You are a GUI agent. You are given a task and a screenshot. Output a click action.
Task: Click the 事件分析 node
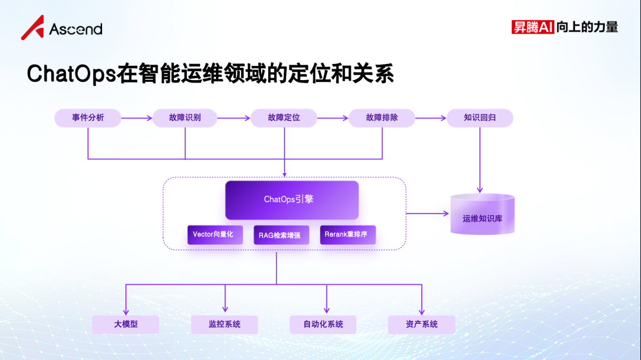pyautogui.click(x=88, y=118)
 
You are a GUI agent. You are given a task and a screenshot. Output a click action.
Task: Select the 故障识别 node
pyautogui.click(x=185, y=118)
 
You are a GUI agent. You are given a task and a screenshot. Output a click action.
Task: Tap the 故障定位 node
pyautogui.click(x=284, y=118)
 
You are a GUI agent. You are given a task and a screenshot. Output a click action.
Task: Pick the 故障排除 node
pyautogui.click(x=382, y=118)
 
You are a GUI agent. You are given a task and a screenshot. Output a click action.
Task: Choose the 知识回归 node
pyautogui.click(x=480, y=118)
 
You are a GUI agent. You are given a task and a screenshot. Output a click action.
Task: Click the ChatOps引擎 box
pyautogui.click(x=292, y=200)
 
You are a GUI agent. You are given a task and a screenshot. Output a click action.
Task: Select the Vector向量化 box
pyautogui.click(x=215, y=235)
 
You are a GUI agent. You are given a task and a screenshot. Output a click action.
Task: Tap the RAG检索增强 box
pyautogui.click(x=281, y=235)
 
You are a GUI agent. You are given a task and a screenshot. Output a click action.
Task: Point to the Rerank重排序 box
pyautogui.click(x=348, y=235)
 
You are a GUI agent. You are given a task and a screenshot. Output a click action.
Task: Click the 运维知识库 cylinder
pyautogui.click(x=483, y=214)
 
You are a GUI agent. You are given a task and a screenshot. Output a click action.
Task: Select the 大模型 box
pyautogui.click(x=125, y=324)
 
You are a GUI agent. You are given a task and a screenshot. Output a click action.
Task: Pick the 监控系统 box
pyautogui.click(x=224, y=324)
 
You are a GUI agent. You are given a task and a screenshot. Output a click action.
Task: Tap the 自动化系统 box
pyautogui.click(x=323, y=324)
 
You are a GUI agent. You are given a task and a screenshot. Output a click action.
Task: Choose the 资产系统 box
pyautogui.click(x=421, y=324)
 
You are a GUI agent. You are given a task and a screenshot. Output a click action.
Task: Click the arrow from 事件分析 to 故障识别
pyautogui.click(x=137, y=118)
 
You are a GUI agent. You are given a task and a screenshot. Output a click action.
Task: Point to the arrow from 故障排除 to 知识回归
pyautogui.click(x=431, y=118)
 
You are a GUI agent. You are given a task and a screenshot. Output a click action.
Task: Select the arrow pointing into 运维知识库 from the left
pyautogui.click(x=427, y=214)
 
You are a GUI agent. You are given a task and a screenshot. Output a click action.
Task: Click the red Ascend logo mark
pyautogui.click(x=33, y=28)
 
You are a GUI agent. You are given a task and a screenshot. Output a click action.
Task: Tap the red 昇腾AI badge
pyautogui.click(x=532, y=27)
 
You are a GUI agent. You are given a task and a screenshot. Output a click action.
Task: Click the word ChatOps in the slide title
pyautogui.click(x=72, y=74)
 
